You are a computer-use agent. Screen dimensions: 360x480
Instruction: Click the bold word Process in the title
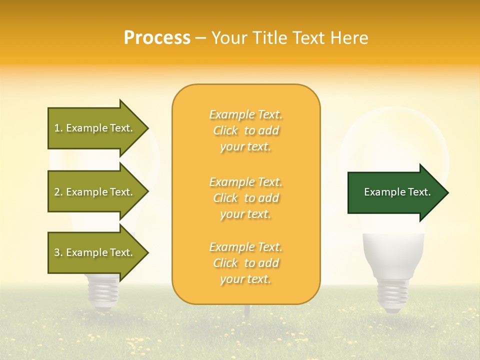pyautogui.click(x=157, y=38)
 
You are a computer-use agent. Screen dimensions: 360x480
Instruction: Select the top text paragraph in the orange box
pyautogui.click(x=245, y=130)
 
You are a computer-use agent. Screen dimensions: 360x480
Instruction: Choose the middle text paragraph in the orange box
pyautogui.click(x=245, y=198)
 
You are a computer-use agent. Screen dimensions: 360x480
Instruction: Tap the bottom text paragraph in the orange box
pyautogui.click(x=245, y=263)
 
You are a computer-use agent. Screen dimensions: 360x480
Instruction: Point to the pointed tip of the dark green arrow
pyautogui.click(x=447, y=192)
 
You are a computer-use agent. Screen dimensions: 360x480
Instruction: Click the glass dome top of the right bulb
pyautogui.click(x=395, y=135)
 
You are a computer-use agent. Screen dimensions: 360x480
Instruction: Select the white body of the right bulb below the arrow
pyautogui.click(x=394, y=250)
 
